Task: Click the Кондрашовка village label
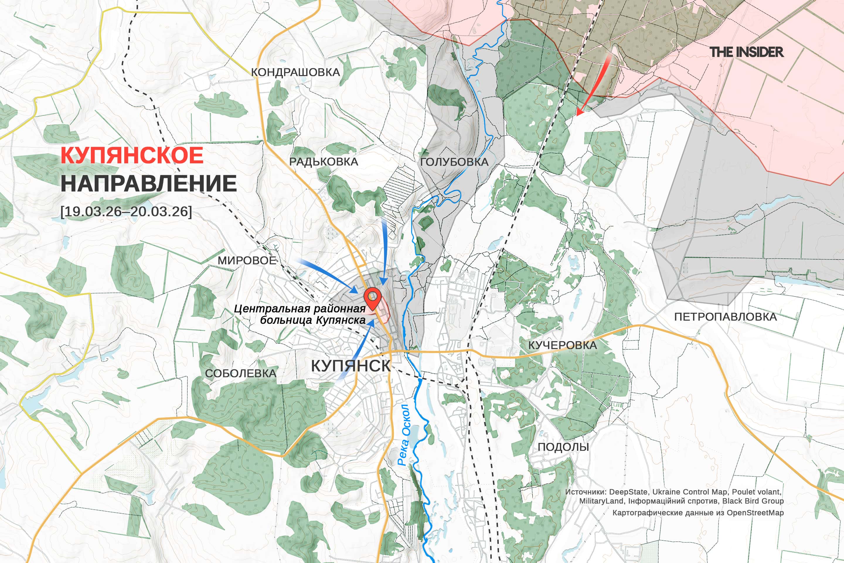pyautogui.click(x=295, y=72)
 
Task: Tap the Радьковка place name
pyautogui.click(x=323, y=162)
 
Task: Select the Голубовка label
pyautogui.click(x=454, y=162)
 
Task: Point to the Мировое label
pyautogui.click(x=247, y=260)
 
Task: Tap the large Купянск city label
pyautogui.click(x=350, y=366)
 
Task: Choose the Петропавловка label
pyautogui.click(x=725, y=317)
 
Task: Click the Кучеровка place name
pyautogui.click(x=562, y=345)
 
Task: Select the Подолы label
pyautogui.click(x=563, y=447)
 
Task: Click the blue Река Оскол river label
pyautogui.click(x=404, y=435)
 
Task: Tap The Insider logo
pyautogui.click(x=746, y=52)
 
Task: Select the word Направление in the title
pyautogui.click(x=148, y=184)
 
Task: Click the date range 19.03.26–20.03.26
pyautogui.click(x=126, y=211)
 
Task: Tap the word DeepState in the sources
pyautogui.click(x=628, y=492)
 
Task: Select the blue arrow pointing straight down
pyautogui.click(x=384, y=251)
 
